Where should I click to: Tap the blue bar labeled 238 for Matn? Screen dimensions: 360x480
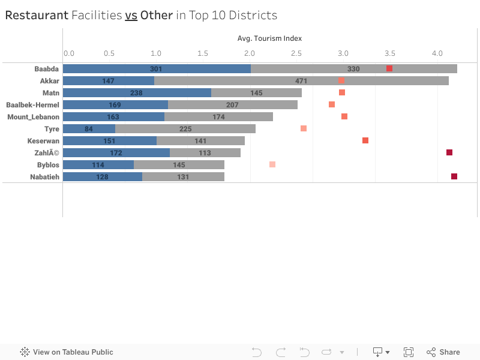[137, 93]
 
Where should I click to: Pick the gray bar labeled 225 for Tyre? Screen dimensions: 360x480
[185, 129]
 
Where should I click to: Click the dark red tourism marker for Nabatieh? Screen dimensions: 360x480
[454, 176]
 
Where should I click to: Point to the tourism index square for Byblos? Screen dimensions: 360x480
[272, 164]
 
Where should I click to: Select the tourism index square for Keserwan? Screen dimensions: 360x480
[365, 140]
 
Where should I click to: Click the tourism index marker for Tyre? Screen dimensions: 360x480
[304, 128]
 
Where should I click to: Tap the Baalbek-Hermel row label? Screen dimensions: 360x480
[32, 104]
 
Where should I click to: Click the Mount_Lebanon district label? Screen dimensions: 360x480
[33, 116]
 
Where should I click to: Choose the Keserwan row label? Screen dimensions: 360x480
[43, 140]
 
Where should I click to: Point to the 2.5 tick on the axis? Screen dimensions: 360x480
[296, 53]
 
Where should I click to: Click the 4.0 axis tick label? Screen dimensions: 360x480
[437, 53]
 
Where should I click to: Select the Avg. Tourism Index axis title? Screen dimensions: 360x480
[269, 38]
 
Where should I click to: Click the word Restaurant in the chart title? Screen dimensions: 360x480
[37, 16]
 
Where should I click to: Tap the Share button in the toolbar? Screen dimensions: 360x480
[443, 352]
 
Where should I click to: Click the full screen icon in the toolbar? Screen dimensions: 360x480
[409, 352]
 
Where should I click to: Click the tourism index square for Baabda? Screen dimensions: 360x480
[389, 68]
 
